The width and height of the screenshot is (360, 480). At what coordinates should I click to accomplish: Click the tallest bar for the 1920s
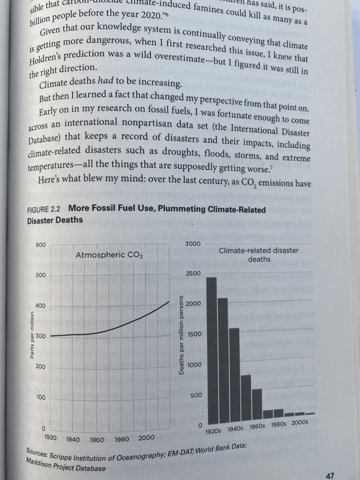pyautogui.click(x=211, y=351)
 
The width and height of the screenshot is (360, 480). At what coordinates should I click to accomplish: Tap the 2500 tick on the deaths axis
pyautogui.click(x=193, y=273)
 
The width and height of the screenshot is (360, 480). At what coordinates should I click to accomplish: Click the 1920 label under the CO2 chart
pyautogui.click(x=51, y=436)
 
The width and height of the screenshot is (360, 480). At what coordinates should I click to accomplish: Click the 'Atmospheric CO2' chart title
pyautogui.click(x=109, y=255)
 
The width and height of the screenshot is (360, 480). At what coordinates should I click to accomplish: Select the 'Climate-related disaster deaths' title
pyautogui.click(x=259, y=255)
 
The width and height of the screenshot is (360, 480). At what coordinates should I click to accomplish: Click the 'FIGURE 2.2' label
pyautogui.click(x=46, y=210)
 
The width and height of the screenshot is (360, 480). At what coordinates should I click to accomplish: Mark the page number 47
pyautogui.click(x=330, y=475)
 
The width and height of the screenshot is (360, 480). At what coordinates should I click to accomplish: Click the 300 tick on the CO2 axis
pyautogui.click(x=40, y=336)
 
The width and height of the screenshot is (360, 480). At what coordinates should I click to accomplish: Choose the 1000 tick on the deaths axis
pyautogui.click(x=193, y=364)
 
